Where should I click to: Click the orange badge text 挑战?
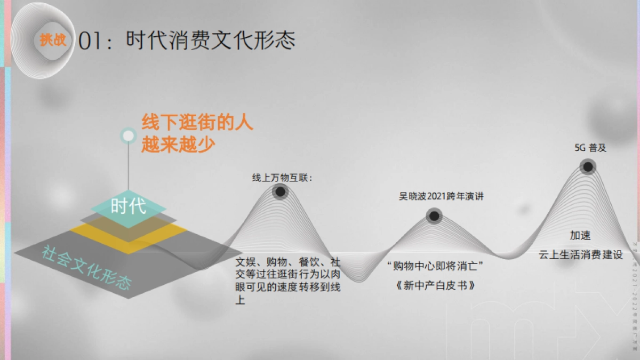point(53,40)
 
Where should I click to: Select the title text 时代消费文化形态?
point(210,41)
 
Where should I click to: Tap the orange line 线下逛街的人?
point(197,123)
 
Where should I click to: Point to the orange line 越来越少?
point(178,145)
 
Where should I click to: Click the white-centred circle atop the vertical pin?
point(128,135)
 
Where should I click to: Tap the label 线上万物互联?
point(282,178)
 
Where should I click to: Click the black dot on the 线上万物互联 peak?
point(279,192)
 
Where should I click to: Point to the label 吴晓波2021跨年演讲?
point(441,196)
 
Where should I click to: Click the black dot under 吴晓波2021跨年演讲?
point(434,216)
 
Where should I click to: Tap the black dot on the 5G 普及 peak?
point(588,167)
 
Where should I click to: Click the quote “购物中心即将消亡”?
point(438,266)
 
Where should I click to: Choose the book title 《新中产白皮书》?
point(436,286)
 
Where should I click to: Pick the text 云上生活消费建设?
point(581,255)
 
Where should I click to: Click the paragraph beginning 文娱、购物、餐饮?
point(288,281)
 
